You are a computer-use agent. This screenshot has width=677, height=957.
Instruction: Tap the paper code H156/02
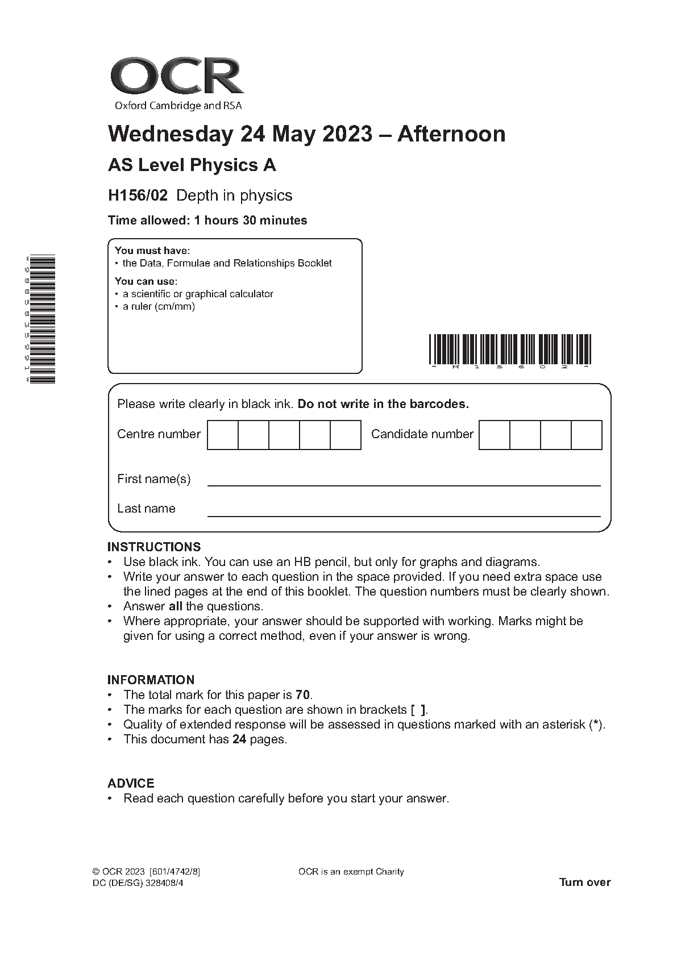138,195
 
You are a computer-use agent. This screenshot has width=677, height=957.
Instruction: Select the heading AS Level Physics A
192,165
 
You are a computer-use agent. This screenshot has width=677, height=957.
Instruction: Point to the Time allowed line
207,220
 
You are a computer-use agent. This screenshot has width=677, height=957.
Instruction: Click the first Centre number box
223,435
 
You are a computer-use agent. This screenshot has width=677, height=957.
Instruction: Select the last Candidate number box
586,435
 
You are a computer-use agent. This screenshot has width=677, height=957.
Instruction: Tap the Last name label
146,509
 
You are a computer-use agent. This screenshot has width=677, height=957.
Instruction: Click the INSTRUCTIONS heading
154,547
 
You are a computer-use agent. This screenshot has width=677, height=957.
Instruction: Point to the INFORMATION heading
151,680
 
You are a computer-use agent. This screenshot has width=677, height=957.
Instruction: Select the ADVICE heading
131,784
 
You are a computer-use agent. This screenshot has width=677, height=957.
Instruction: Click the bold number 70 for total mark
304,694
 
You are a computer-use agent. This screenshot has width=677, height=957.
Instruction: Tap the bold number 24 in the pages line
239,739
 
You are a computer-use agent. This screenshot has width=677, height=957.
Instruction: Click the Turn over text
584,883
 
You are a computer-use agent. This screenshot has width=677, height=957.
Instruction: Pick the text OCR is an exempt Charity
351,872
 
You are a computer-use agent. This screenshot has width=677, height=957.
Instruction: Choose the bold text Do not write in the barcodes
383,404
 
